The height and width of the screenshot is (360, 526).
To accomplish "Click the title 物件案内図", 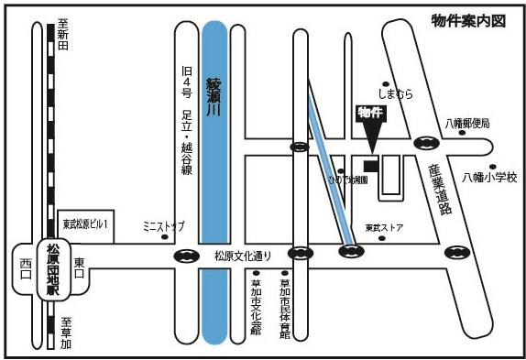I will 468,19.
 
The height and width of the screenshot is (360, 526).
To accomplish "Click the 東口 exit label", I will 78,263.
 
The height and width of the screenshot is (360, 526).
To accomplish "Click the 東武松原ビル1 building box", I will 86,223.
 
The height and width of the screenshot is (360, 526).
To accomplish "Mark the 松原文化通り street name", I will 244,256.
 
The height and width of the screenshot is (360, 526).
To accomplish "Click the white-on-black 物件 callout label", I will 369,113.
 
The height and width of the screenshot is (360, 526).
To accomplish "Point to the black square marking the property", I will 369,165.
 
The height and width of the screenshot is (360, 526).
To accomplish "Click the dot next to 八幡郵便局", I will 461,134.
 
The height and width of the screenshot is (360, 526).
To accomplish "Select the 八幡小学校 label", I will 489,177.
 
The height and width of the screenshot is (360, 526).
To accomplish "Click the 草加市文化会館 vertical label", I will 256,307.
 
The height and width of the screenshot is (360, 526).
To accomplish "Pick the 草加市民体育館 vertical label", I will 287,307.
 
